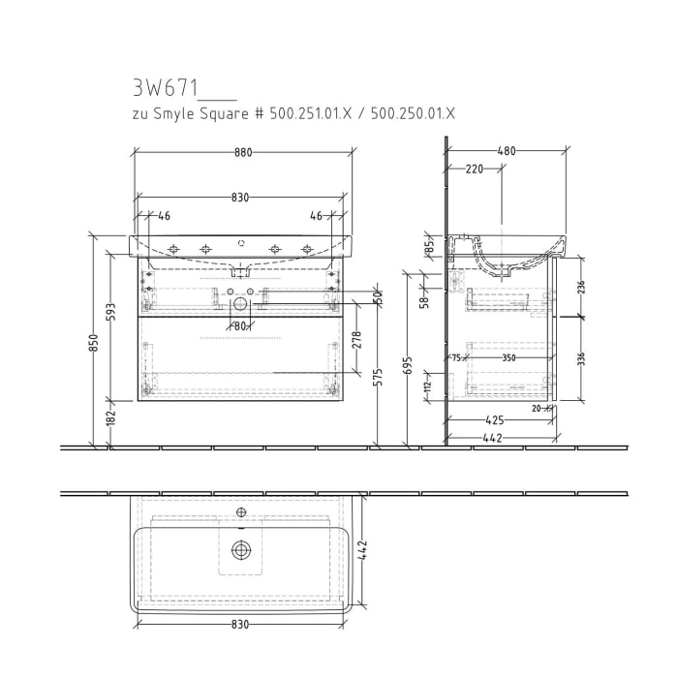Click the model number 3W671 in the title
click(165, 88)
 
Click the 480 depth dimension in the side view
click(506, 151)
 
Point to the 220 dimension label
click(475, 169)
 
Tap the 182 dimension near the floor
click(111, 416)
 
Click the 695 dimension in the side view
click(408, 364)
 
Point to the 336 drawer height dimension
click(581, 359)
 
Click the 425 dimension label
click(495, 420)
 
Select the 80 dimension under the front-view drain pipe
click(240, 326)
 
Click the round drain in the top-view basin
click(240, 550)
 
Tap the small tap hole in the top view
click(240, 511)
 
